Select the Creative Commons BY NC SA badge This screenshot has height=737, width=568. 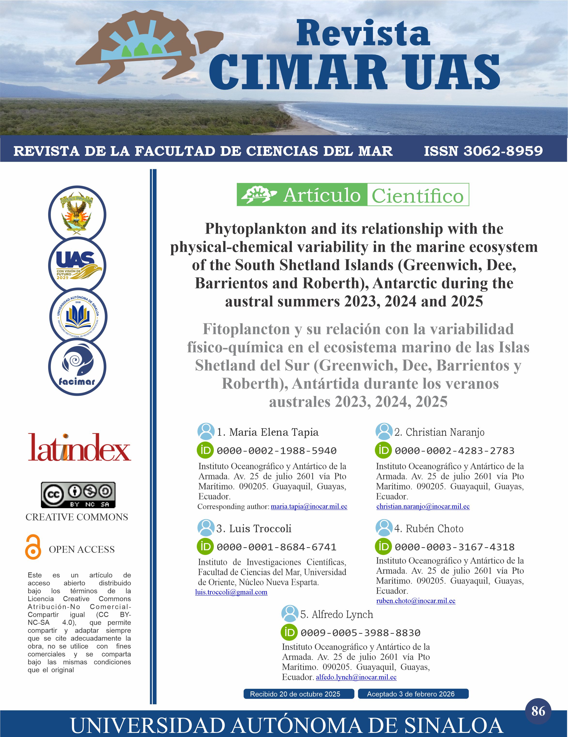coord(78,495)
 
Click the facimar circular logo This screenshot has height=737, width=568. coord(77,367)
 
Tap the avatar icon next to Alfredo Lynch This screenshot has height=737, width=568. coord(290,614)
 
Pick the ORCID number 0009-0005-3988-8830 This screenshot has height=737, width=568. coord(360,633)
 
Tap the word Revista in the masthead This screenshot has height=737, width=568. coord(363,33)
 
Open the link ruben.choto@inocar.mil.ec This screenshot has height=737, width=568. coord(416,601)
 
